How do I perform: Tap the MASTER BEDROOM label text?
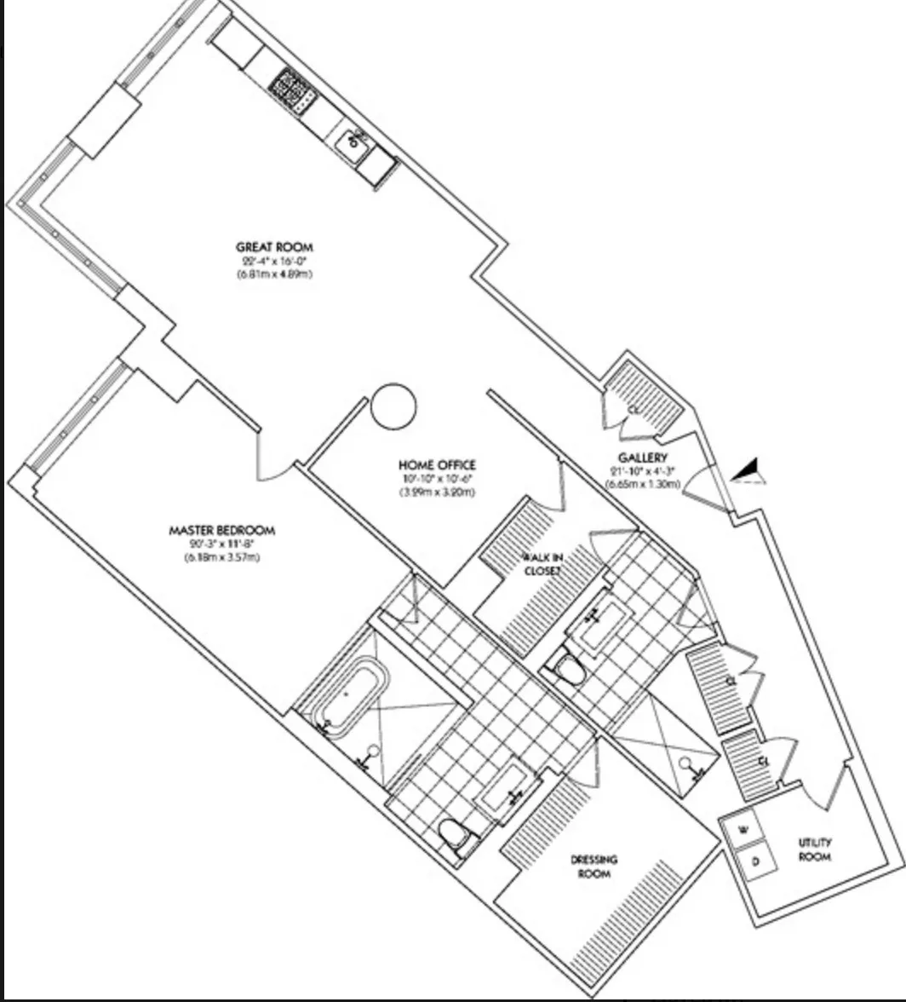click(222, 531)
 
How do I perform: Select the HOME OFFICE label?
click(437, 465)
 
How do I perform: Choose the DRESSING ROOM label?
click(594, 866)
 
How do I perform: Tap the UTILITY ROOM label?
click(814, 849)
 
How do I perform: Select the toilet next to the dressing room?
click(457, 836)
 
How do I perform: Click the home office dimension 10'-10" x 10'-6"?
click(437, 479)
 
